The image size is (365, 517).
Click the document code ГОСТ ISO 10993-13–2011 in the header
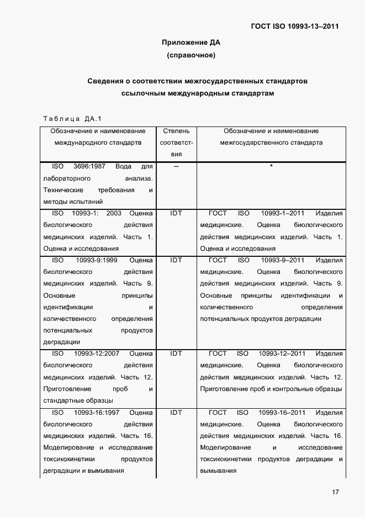click(295, 26)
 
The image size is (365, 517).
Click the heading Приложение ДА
click(191, 43)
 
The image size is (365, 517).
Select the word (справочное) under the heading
click(191, 55)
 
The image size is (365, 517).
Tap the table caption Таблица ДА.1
click(72, 118)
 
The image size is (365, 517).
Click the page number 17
click(335, 492)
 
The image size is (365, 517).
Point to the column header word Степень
click(176, 131)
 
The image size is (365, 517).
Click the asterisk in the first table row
click(271, 167)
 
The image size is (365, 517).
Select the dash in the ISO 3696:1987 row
click(176, 167)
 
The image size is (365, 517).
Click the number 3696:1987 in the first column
click(90, 167)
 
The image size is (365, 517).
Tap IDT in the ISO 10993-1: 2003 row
click(176, 213)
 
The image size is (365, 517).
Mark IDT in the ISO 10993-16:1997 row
click(176, 413)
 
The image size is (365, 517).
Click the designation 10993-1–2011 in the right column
click(282, 213)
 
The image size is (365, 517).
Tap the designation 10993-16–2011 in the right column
click(282, 413)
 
